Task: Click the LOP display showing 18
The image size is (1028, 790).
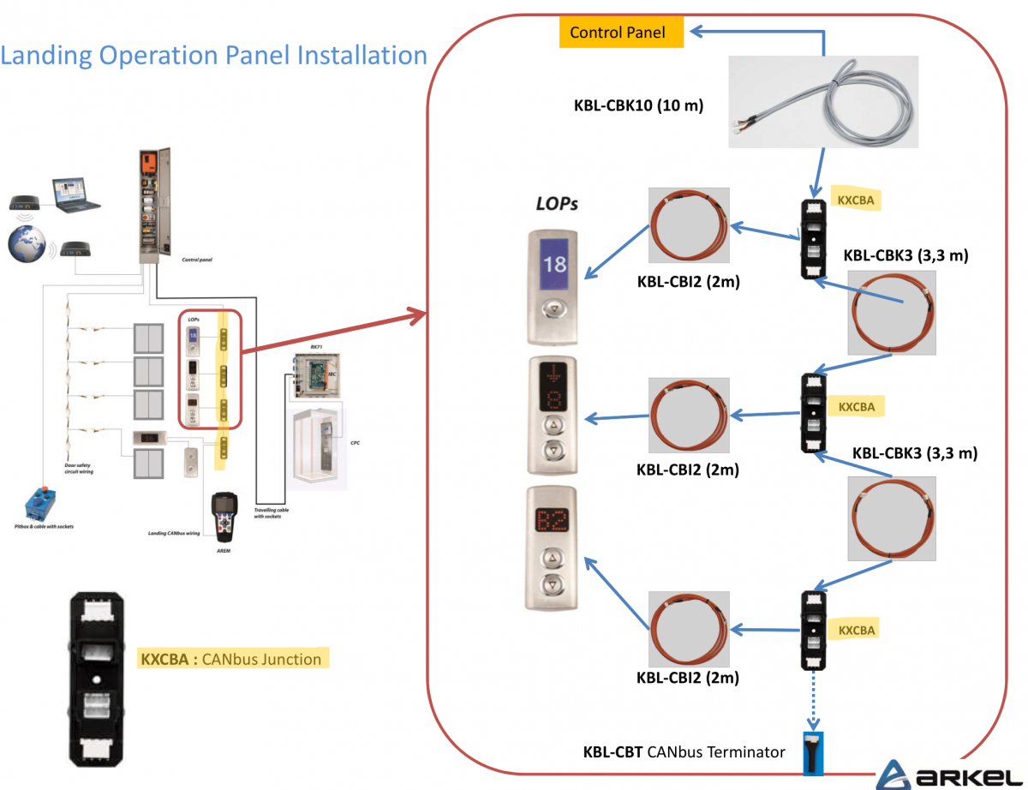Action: (x=554, y=263)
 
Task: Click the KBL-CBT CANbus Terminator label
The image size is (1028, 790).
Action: (x=684, y=751)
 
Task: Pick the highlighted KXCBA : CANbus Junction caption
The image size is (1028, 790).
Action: (x=231, y=659)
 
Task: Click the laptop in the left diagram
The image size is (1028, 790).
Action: (x=75, y=194)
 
